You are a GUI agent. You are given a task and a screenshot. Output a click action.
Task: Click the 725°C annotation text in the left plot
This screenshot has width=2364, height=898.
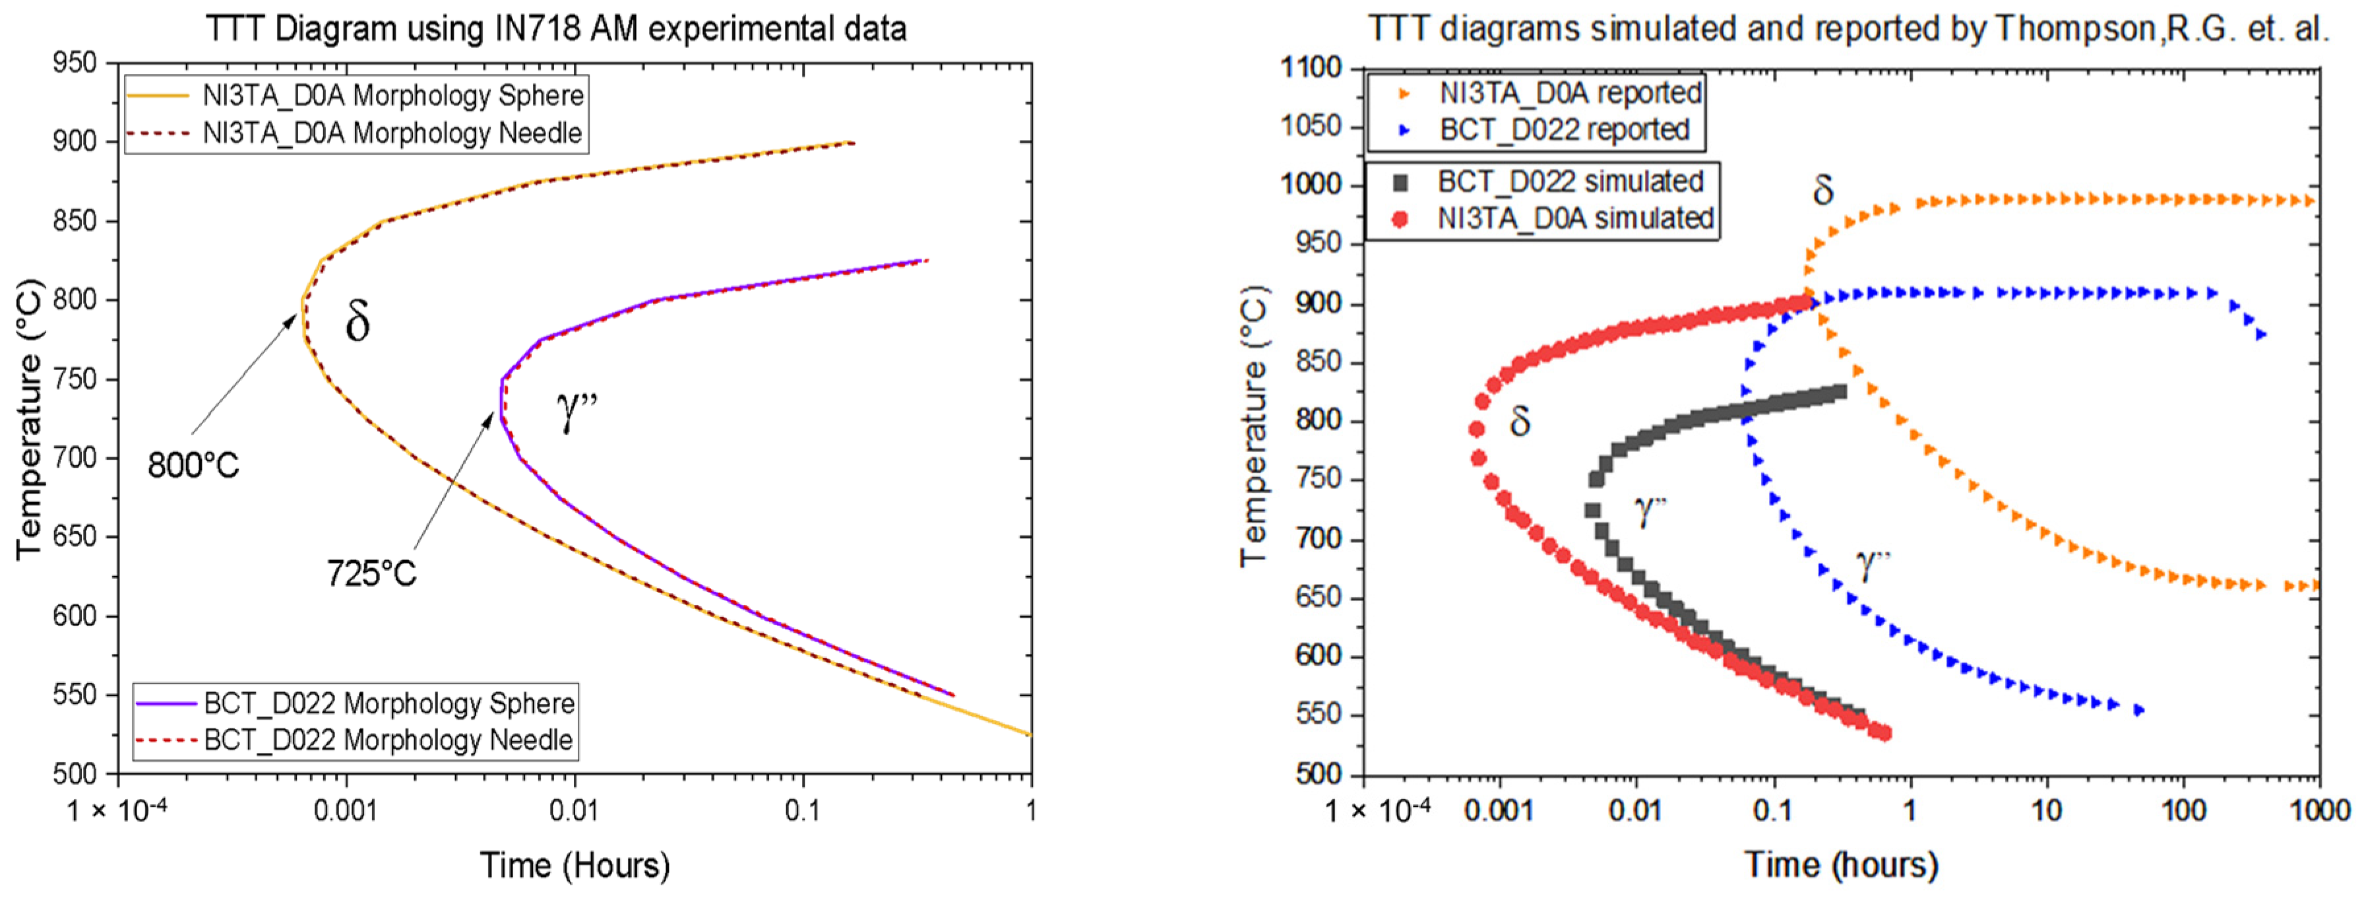[x=371, y=573]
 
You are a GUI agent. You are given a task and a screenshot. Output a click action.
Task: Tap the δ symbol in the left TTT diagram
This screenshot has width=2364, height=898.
[x=357, y=321]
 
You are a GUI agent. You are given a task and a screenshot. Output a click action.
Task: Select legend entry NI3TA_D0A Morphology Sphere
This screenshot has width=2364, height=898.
[x=392, y=96]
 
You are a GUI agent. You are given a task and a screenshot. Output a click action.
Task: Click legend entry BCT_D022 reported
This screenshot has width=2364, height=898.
[x=1564, y=129]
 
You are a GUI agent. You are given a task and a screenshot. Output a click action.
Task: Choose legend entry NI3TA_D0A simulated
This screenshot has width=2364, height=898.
[x=1574, y=218]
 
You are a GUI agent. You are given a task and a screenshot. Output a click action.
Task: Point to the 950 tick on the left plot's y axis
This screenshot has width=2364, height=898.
[x=75, y=63]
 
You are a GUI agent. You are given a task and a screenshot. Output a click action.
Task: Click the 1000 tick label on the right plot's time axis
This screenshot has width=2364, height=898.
[x=2319, y=810]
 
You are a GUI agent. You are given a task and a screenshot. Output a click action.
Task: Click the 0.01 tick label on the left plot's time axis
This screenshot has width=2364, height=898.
[x=574, y=810]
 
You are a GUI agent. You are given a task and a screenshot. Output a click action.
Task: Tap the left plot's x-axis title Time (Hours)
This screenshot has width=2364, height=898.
[x=575, y=865]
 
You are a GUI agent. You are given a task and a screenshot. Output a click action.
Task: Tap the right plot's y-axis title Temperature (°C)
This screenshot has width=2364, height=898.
[x=1255, y=427]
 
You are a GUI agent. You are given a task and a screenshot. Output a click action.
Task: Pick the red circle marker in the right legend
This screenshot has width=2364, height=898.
[x=1400, y=218]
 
